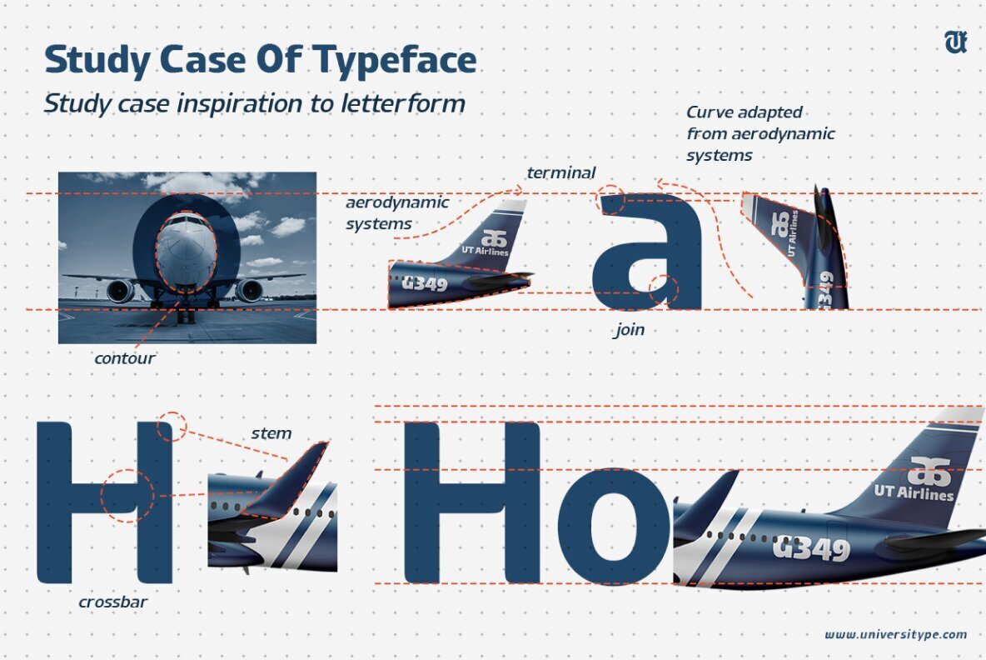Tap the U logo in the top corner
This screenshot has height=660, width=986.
point(955,42)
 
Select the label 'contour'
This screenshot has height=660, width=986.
point(125,359)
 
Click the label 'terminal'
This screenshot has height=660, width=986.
point(560,173)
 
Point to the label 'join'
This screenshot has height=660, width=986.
point(629,330)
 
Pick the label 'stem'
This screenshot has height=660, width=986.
point(271,432)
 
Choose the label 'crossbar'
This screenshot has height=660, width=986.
point(113,601)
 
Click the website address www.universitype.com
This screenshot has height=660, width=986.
point(896,634)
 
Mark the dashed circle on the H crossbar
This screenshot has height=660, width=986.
point(127,495)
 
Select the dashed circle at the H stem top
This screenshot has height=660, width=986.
point(172,426)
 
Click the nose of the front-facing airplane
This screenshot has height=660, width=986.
point(187,250)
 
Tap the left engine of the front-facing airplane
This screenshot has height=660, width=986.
point(120,292)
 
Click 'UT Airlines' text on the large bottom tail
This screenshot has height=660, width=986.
point(914,492)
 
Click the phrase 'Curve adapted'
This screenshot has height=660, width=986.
point(744,112)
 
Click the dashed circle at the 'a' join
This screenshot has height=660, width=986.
point(664,287)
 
